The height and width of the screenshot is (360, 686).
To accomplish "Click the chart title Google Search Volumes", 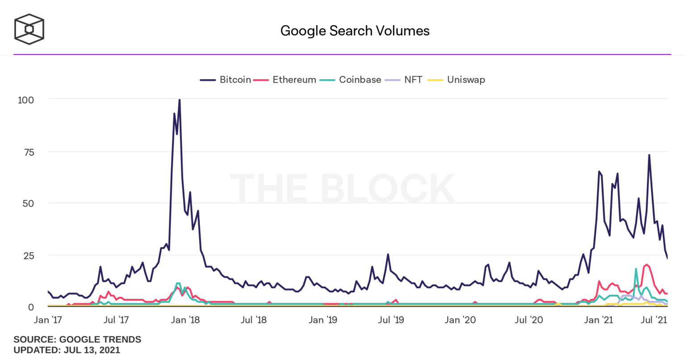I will tap(355, 31).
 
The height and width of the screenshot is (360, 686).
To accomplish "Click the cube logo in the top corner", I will tap(29, 29).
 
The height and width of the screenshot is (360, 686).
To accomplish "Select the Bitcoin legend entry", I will tap(226, 80).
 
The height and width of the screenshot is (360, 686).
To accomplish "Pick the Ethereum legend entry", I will tap(285, 80).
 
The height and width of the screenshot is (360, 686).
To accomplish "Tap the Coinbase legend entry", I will tap(351, 80).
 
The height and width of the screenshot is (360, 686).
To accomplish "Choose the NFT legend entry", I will tap(404, 80).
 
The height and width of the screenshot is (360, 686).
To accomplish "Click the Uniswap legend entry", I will tap(457, 80).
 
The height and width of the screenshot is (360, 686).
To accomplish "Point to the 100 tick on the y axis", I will tap(25, 100).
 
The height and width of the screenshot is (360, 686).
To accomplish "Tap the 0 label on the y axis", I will tap(31, 307).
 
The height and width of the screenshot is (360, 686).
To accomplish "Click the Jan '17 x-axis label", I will tap(48, 320).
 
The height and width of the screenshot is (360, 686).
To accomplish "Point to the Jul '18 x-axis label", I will tap(253, 320).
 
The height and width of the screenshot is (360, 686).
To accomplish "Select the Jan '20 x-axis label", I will tap(460, 320).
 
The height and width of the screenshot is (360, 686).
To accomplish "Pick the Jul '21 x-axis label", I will tap(654, 320).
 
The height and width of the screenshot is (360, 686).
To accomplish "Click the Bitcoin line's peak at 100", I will tap(180, 100).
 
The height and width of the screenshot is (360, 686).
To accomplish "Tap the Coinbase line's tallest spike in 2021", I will tap(636, 269).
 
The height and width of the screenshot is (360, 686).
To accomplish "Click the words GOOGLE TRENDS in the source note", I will tap(100, 339).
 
